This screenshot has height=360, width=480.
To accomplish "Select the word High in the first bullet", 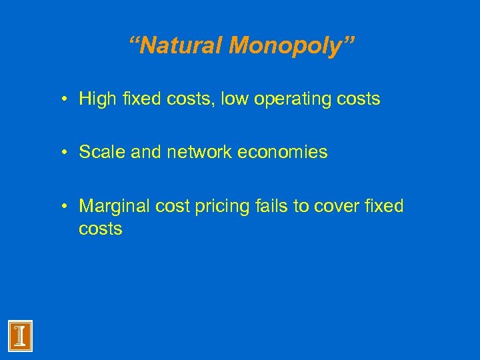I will coord(97,99).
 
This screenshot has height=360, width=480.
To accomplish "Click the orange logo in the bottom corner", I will coord(21,335).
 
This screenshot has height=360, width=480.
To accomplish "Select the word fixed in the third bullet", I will coord(384,206).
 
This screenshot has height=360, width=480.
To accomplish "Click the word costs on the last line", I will coord(101,229).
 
